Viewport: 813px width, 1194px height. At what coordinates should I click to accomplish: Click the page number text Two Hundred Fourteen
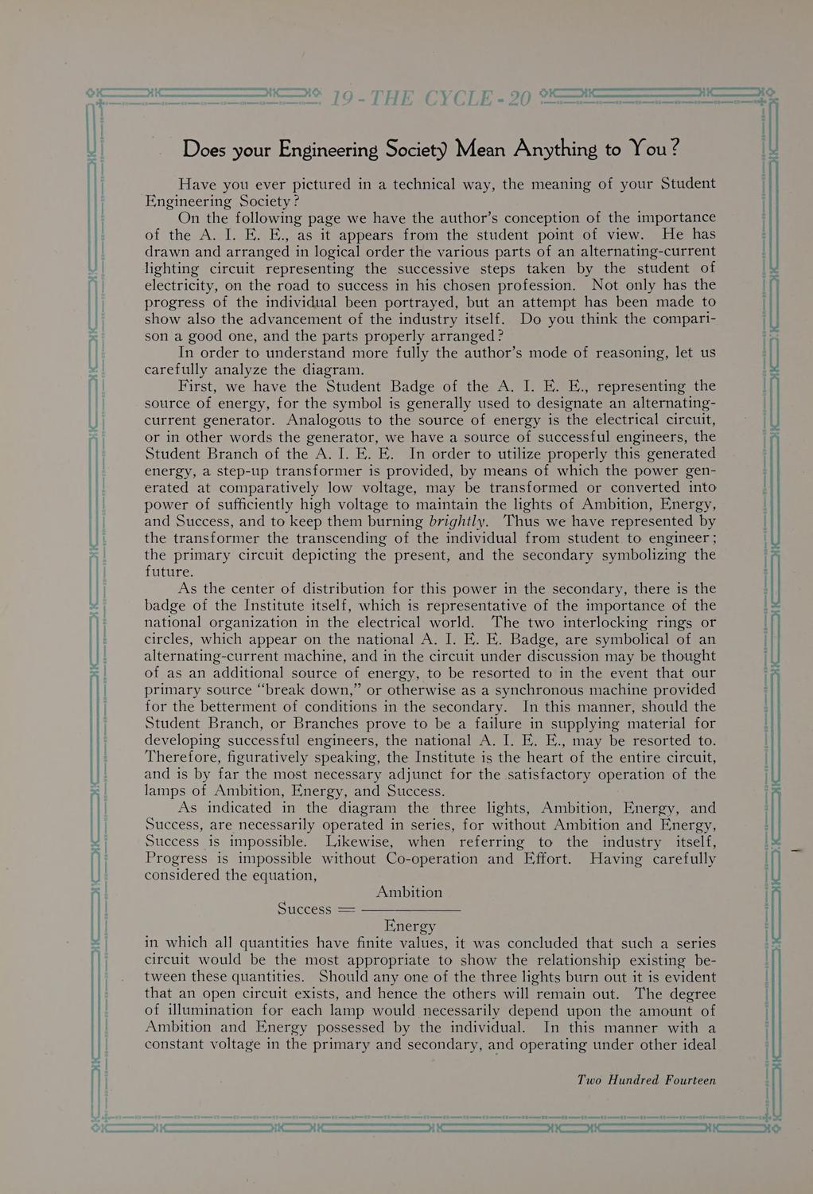(646, 1080)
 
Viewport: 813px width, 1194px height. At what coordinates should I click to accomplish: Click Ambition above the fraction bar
(409, 892)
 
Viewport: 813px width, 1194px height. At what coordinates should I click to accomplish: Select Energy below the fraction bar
(410, 926)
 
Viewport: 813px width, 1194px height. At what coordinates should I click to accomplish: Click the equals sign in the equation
(346, 909)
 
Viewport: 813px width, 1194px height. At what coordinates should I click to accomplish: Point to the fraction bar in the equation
(410, 909)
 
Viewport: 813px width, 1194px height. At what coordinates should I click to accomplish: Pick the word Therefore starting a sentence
(183, 757)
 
